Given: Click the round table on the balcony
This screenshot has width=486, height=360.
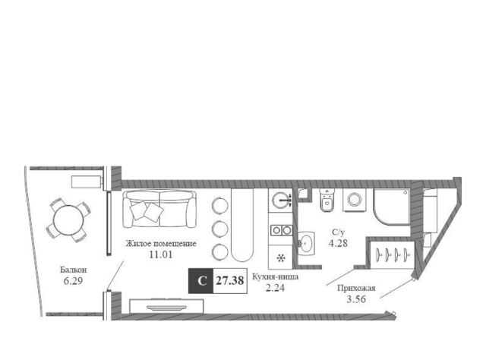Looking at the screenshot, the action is pos(67,219).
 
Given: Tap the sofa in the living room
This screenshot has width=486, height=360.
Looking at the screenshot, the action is pos(160,209).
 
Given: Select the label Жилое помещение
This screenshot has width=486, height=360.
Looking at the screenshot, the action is pos(160,243).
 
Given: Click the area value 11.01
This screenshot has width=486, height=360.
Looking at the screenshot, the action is pos(160,255).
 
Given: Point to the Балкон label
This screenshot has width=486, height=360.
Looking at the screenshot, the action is pos(74,270).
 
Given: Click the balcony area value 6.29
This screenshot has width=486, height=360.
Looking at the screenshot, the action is pos(74,281).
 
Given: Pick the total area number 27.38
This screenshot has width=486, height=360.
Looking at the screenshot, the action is pos(230,280).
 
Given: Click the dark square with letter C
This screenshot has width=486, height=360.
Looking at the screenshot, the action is pos(200,280).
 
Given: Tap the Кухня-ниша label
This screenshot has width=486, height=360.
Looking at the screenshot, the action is pos(275,276).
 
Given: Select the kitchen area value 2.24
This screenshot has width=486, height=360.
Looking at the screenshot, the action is pos(275,288).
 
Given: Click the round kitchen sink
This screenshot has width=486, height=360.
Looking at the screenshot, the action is pos(280,200).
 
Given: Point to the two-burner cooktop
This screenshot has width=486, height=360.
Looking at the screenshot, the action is pos(281,230).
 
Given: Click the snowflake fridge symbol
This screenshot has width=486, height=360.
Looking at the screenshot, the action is pos(281,257).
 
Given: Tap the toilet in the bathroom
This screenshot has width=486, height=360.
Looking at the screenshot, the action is pos(327,201).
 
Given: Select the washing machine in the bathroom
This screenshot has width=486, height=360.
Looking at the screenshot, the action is pos(355,200).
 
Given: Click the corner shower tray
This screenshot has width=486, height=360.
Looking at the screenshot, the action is pos(392,206).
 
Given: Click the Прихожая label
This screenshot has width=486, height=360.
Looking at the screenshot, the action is pos(356,289).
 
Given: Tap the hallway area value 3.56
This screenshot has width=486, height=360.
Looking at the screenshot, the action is pos(356,299).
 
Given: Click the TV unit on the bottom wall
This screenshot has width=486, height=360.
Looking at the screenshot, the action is pos(166,306).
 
